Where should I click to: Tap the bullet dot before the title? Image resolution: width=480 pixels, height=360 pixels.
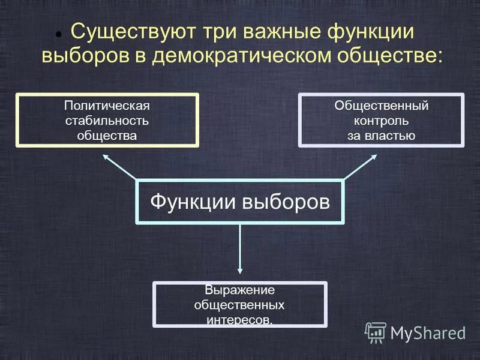59,35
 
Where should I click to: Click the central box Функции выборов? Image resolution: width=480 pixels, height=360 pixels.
240,201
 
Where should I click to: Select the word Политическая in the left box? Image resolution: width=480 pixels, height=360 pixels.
107,106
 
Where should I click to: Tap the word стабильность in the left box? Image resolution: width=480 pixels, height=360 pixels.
107,121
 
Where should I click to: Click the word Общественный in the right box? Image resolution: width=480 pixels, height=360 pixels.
381,106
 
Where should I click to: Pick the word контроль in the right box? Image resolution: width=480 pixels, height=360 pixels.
381,121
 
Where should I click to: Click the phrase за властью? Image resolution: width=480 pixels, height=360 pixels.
381,136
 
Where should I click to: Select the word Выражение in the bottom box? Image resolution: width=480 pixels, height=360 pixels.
239,290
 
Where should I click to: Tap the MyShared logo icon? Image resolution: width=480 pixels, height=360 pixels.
376,332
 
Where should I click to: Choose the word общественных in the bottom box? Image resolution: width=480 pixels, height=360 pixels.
239,305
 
